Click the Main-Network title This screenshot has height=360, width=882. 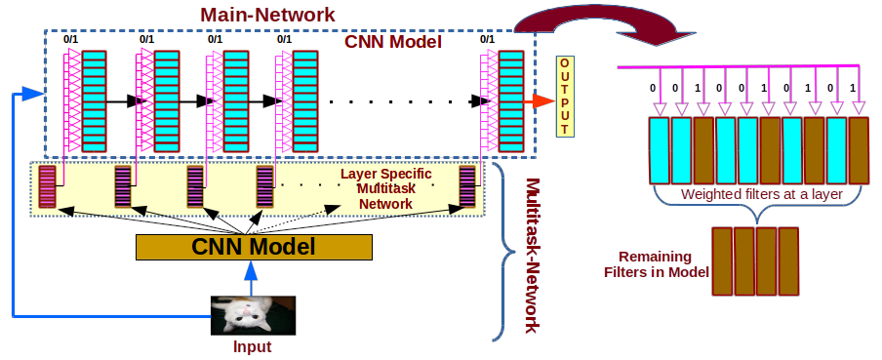268,16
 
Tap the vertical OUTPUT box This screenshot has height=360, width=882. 564,96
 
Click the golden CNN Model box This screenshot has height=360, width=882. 254,247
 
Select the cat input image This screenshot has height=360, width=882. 254,314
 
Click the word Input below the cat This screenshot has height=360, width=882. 253,346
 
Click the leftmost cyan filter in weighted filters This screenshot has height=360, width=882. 659,150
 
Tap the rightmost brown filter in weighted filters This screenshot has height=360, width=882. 858,150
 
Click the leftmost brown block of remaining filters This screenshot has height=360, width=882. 723,260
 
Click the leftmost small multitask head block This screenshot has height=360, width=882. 47,187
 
